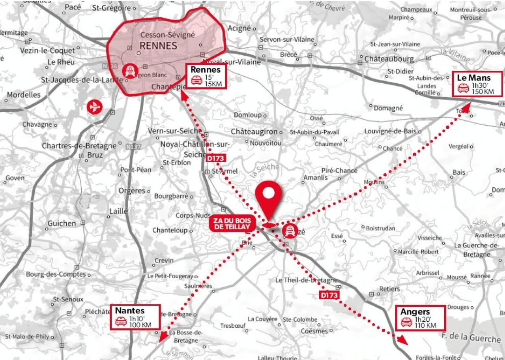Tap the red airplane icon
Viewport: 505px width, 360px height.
95,107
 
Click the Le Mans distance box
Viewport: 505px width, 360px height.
477,84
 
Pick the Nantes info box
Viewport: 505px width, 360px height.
135,317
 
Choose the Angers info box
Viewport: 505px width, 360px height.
421,318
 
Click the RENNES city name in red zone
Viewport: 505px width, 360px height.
158,45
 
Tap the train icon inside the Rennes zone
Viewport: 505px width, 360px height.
129,71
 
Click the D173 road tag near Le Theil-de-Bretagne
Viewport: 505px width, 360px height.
329,295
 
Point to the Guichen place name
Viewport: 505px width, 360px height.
62,223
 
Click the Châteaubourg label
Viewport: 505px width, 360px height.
389,59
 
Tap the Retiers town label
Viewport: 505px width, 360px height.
389,289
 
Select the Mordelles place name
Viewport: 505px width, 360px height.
24,95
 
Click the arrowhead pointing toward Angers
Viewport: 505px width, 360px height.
402,340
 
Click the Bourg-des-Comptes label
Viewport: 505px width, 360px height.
56,274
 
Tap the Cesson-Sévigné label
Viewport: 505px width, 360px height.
168,35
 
